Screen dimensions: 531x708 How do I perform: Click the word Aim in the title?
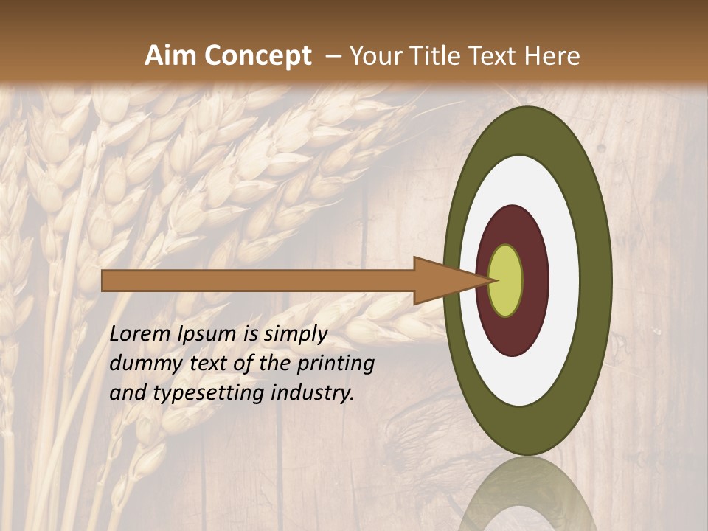coord(170,55)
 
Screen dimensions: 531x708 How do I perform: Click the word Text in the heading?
coord(496,55)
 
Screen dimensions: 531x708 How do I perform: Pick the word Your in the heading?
coord(376,55)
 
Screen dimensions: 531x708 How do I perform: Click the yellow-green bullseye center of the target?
coord(506,281)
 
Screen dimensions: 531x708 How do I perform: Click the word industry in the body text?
coord(313,393)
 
